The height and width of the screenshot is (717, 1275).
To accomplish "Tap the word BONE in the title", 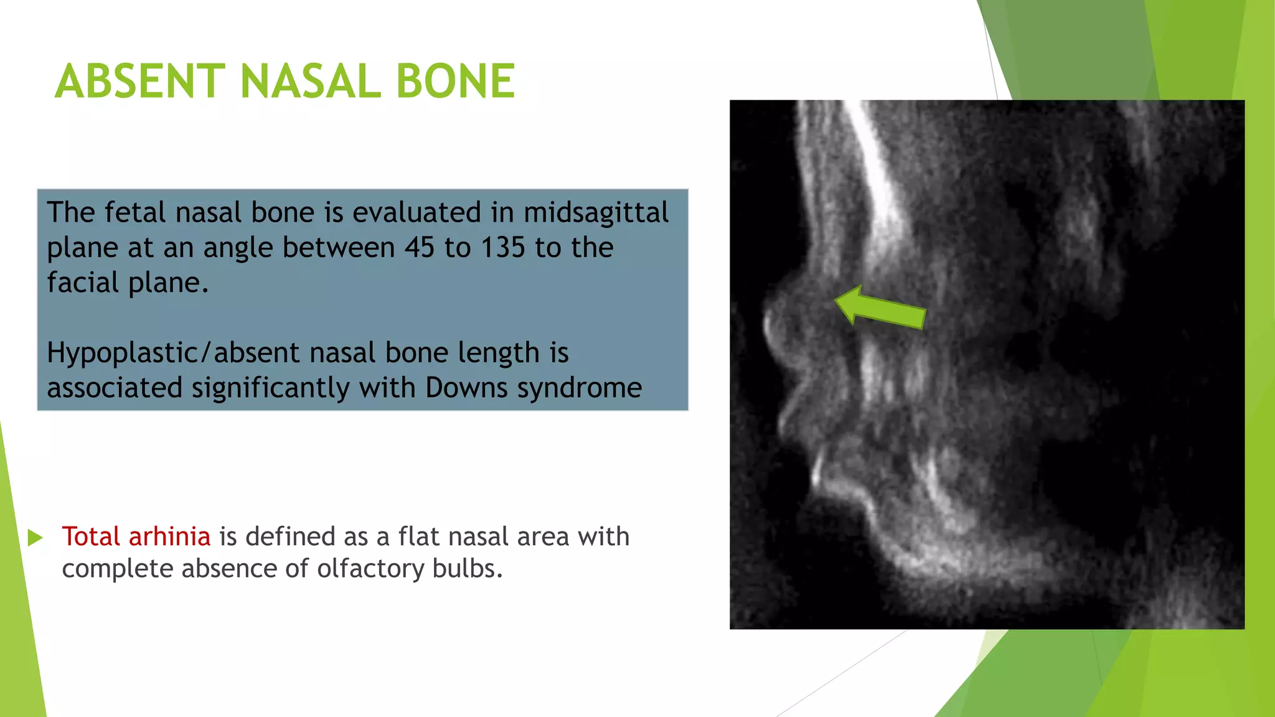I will click(455, 82).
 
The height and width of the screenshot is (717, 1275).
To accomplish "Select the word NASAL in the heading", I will click(310, 82).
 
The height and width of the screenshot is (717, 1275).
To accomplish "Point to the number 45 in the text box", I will click(420, 248).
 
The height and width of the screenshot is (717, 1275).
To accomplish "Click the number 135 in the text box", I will click(503, 248).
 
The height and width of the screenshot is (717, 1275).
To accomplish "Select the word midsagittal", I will click(596, 212).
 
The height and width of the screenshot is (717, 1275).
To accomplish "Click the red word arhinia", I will click(169, 537).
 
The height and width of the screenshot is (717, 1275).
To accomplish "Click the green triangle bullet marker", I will click(35, 538).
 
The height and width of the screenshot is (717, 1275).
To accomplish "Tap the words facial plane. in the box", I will click(128, 283).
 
